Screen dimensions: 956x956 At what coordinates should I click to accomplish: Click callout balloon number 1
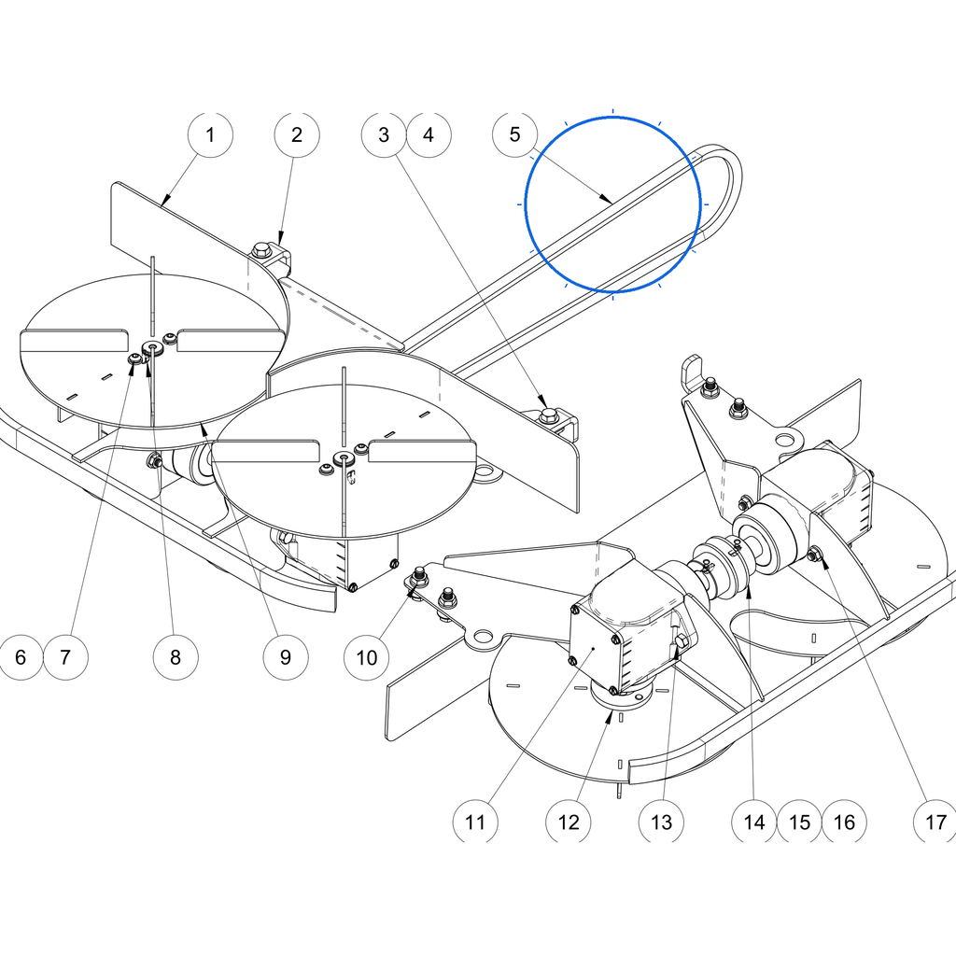click(x=210, y=134)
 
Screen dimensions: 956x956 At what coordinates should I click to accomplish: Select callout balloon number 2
click(x=297, y=134)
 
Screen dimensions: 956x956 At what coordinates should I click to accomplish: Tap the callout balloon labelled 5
click(x=514, y=134)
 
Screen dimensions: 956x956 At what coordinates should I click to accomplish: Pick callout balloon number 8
click(x=176, y=656)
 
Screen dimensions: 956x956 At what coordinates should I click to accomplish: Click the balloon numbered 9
click(x=286, y=656)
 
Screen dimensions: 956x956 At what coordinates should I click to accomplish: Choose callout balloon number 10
click(x=366, y=657)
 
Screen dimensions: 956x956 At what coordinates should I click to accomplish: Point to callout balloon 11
click(x=475, y=822)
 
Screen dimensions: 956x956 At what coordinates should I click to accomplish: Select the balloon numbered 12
click(x=569, y=822)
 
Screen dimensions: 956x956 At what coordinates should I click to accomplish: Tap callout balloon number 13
click(x=661, y=822)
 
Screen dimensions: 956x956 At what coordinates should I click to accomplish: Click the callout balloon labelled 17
click(x=935, y=822)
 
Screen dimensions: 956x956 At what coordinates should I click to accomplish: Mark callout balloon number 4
click(x=429, y=134)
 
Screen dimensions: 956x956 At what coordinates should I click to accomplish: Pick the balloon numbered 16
click(x=844, y=822)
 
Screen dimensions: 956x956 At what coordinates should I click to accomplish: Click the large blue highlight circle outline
click(x=612, y=117)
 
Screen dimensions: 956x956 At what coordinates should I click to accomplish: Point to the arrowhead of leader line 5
click(x=607, y=200)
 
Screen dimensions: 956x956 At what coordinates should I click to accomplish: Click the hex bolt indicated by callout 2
click(x=262, y=249)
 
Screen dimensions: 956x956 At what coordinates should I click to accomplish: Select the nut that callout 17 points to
click(x=813, y=555)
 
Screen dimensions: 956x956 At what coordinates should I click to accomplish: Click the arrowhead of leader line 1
click(x=165, y=200)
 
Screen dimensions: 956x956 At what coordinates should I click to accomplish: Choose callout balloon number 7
click(x=66, y=656)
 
